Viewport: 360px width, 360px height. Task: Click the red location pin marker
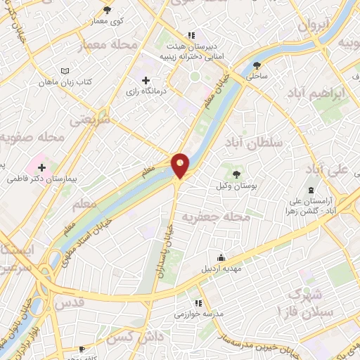[x=181, y=165]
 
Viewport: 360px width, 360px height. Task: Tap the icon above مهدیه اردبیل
[x=222, y=257]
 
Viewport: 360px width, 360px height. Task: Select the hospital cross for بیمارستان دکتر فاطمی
[x=42, y=167]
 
